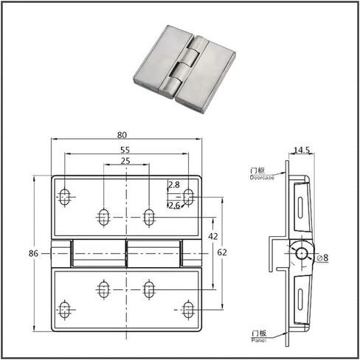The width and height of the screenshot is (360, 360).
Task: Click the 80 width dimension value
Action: (x=122, y=135)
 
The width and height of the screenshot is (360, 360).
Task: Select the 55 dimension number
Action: (x=125, y=150)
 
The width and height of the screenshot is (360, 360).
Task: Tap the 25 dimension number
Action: (x=125, y=161)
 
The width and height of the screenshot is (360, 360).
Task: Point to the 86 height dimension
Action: (x=33, y=253)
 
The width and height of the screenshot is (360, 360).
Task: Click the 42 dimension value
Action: (x=213, y=236)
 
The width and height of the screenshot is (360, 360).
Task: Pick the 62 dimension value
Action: (x=222, y=252)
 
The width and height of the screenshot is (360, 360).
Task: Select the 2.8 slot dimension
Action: (x=174, y=184)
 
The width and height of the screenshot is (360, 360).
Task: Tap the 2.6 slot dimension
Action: (x=174, y=205)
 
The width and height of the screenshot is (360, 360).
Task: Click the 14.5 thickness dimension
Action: (x=302, y=150)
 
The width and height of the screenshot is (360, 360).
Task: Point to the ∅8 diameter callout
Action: (x=322, y=257)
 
